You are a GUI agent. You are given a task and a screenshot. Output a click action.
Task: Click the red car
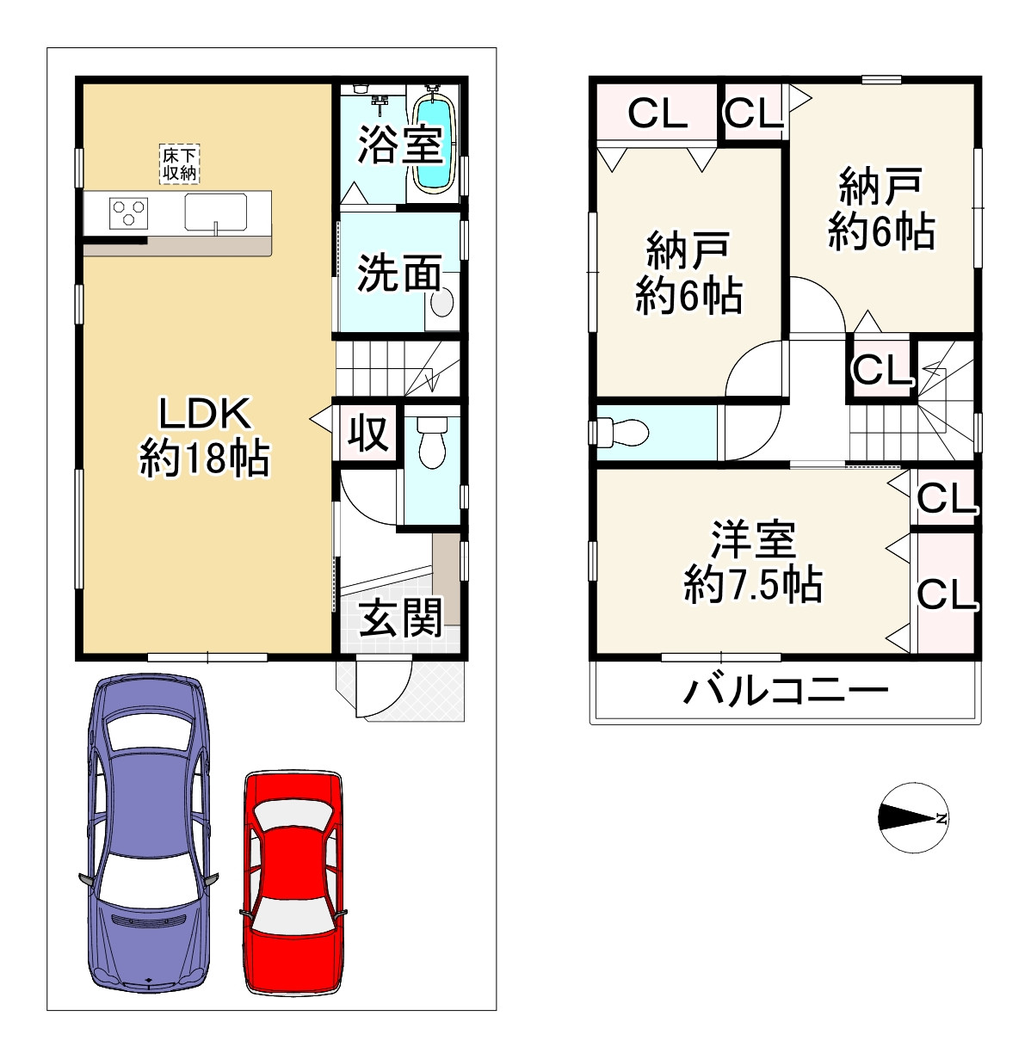click(292, 882)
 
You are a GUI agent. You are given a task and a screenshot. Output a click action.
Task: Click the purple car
click(148, 830)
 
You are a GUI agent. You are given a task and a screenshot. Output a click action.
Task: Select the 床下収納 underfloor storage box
click(180, 163)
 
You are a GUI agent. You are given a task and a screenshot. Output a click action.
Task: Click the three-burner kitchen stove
click(129, 212)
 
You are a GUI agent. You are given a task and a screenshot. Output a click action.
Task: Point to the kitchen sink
click(215, 212)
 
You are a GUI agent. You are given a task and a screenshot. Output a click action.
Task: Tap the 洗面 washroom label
click(398, 274)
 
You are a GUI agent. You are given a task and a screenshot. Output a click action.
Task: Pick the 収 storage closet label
click(368, 434)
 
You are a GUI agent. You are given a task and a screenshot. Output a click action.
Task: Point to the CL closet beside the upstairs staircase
click(881, 369)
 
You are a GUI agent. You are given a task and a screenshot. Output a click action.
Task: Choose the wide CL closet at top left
click(657, 113)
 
